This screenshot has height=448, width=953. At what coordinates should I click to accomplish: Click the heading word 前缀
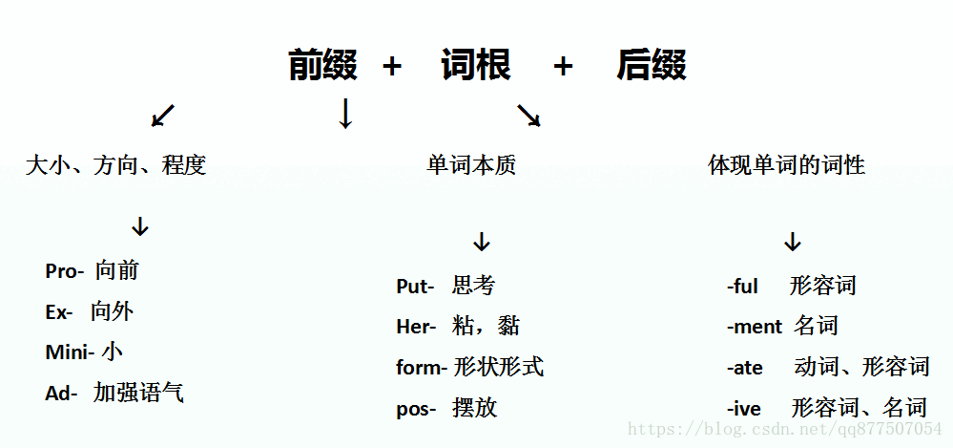pyautogui.click(x=322, y=65)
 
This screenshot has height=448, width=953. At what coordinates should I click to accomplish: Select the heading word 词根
pyautogui.click(x=477, y=65)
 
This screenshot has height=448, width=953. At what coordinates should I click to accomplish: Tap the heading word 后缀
pyautogui.click(x=652, y=65)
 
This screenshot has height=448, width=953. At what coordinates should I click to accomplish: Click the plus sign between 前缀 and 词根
pyautogui.click(x=392, y=66)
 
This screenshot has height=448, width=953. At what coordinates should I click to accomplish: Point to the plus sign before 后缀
pyautogui.click(x=564, y=66)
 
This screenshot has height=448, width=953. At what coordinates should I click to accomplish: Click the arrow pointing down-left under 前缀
pyautogui.click(x=163, y=116)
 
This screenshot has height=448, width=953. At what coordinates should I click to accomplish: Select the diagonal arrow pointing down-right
pyautogui.click(x=528, y=115)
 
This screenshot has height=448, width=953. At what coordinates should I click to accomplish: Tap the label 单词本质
pyautogui.click(x=471, y=165)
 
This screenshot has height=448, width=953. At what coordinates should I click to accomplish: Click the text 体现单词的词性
pyautogui.click(x=786, y=165)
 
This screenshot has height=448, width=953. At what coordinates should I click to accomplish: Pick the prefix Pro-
pyautogui.click(x=65, y=271)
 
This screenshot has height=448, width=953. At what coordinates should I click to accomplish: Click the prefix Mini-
pyautogui.click(x=70, y=352)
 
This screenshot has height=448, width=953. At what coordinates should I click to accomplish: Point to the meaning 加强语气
pyautogui.click(x=138, y=394)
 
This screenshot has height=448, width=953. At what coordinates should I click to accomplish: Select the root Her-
pyautogui.click(x=416, y=327)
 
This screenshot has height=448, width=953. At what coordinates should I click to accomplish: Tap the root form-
pyautogui.click(x=422, y=368)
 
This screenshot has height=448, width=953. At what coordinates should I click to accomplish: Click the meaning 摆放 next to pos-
pyautogui.click(x=475, y=408)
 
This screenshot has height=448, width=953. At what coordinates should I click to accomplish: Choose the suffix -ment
pyautogui.click(x=755, y=327)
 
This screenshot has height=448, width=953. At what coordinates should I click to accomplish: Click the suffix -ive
pyautogui.click(x=743, y=409)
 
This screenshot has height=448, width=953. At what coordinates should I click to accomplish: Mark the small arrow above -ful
pyautogui.click(x=793, y=242)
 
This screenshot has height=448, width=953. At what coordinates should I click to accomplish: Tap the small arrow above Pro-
pyautogui.click(x=140, y=226)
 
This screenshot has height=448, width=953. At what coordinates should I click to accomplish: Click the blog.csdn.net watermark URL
pyautogui.click(x=785, y=429)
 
